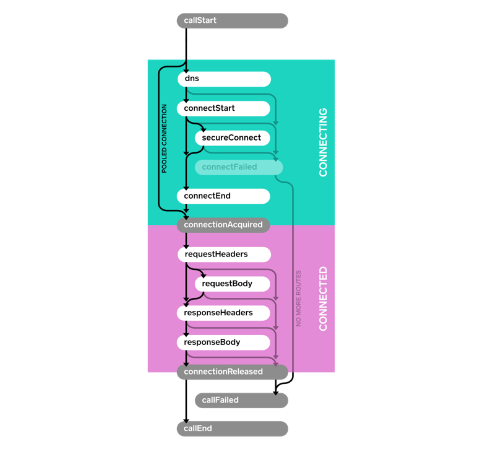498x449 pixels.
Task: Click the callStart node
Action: pyautogui.click(x=232, y=21)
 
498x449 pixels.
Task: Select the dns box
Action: pyautogui.click(x=224, y=79)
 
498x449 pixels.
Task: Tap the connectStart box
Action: pyautogui.click(x=224, y=108)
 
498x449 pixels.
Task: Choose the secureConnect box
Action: pyautogui.click(x=233, y=137)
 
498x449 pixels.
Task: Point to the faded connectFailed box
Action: pyautogui.click(x=239, y=167)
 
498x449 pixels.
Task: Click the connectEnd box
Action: pyautogui.click(x=224, y=196)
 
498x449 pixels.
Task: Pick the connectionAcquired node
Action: pyautogui.click(x=223, y=225)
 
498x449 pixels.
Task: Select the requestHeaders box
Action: pyautogui.click(x=224, y=255)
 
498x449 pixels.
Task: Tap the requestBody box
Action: pyautogui.click(x=233, y=284)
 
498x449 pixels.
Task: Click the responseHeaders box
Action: pyautogui.click(x=224, y=313)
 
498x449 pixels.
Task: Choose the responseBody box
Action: pyautogui.click(x=224, y=342)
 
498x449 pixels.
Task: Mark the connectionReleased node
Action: pyautogui.click(x=232, y=372)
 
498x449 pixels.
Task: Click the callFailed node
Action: pyautogui.click(x=241, y=400)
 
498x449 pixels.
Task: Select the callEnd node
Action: pyautogui.click(x=232, y=429)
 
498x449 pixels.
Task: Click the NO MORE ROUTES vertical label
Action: pyautogui.click(x=299, y=298)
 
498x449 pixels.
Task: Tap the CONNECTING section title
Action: pyautogui.click(x=323, y=142)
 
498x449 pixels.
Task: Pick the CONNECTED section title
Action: pyautogui.click(x=323, y=299)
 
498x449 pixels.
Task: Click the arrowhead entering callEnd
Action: pyautogui.click(x=186, y=420)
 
